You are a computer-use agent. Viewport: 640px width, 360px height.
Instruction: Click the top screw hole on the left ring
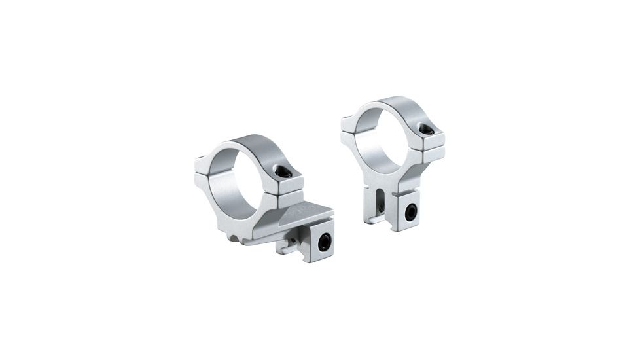(x=283, y=172)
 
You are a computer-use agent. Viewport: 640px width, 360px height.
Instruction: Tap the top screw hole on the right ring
(x=426, y=130)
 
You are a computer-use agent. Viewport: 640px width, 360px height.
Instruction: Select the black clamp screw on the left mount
(x=323, y=242)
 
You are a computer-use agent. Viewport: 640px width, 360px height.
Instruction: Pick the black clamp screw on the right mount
(x=410, y=212)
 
